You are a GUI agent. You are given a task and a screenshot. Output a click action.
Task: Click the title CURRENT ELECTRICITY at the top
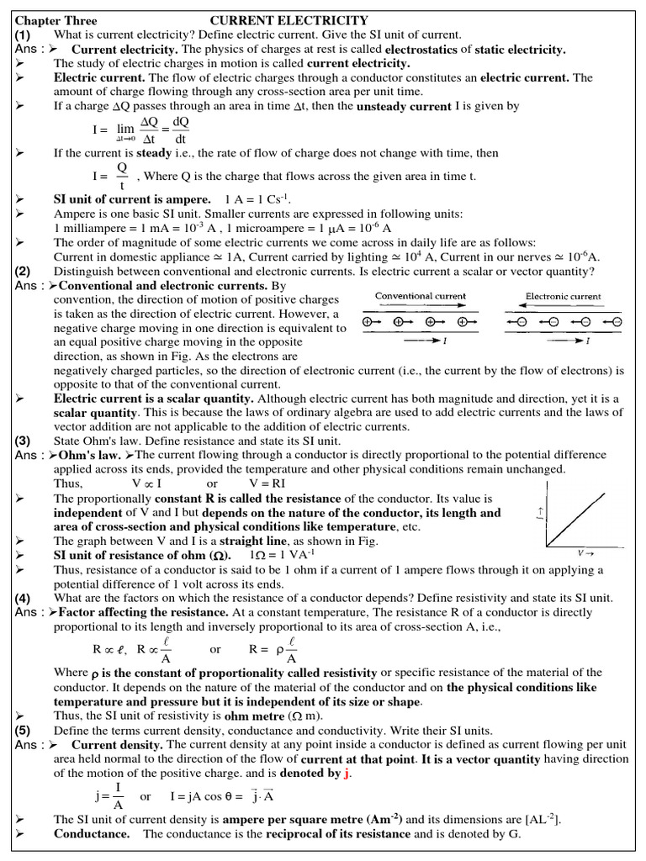tap(289, 20)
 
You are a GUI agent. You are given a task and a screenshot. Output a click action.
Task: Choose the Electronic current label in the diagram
tap(564, 296)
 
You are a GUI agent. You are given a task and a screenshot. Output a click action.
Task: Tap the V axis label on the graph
tap(582, 553)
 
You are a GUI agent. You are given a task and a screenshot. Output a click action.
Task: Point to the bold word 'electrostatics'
tap(407, 50)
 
